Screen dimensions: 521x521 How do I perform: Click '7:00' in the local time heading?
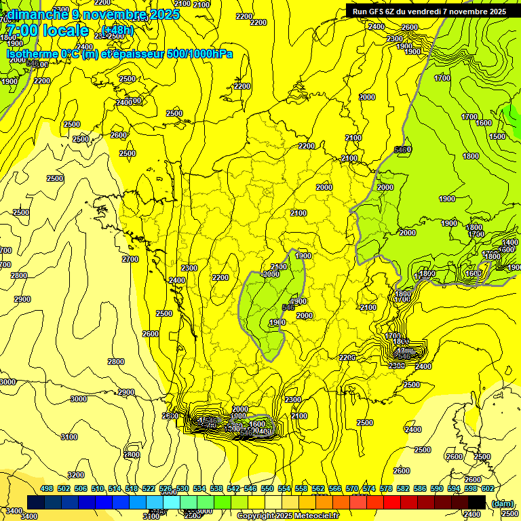[21, 31]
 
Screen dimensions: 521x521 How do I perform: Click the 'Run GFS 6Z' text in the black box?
[376, 11]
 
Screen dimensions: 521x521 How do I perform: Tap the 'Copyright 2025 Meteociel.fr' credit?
[288, 516]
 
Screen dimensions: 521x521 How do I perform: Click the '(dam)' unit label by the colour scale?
[502, 503]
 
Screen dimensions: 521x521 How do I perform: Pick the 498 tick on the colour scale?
[47, 488]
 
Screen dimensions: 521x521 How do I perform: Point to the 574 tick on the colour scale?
[369, 488]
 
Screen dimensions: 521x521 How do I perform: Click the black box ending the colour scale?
[476, 501]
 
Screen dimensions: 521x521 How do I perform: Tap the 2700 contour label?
[130, 259]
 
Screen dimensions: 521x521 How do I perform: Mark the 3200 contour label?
[76, 475]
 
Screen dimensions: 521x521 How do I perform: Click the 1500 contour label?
[497, 136]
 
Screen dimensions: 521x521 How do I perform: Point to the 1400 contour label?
[510, 242]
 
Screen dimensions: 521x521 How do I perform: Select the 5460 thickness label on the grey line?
[403, 149]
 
